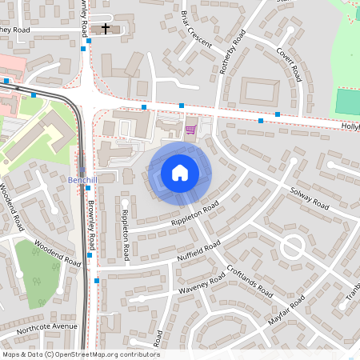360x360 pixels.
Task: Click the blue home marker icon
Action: [180, 172]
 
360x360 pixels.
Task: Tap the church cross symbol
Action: [106, 29]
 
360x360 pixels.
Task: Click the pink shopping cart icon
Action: [190, 130]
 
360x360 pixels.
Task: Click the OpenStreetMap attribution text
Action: [80, 354]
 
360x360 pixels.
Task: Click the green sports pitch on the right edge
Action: [348, 102]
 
